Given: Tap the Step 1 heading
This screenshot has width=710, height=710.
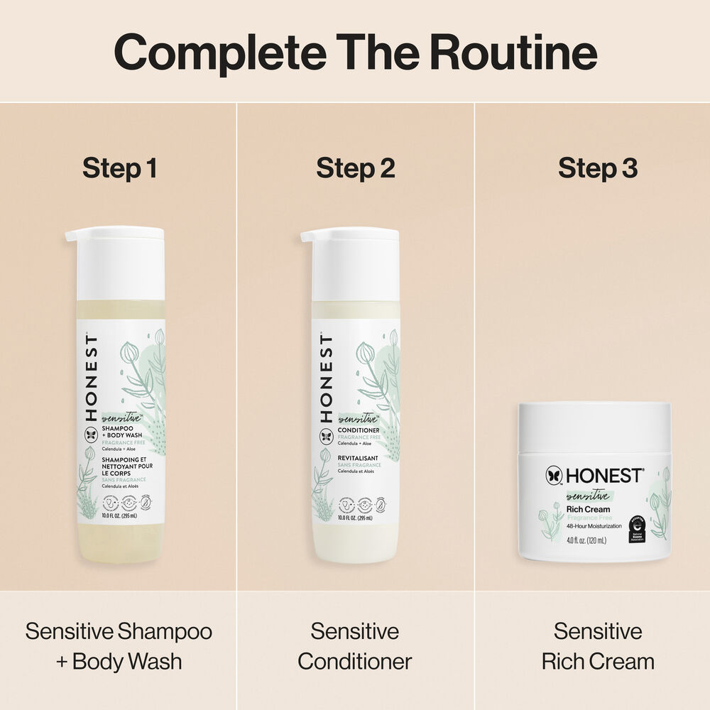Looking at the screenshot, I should [x=119, y=169].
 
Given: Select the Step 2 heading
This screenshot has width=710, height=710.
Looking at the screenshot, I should [x=356, y=169].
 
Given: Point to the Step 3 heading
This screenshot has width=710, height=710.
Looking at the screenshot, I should [x=598, y=169].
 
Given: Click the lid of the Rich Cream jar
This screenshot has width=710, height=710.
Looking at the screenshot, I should [x=594, y=427].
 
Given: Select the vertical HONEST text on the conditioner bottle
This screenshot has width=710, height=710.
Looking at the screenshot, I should [x=327, y=376].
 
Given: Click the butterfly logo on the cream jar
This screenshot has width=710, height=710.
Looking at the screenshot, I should [x=555, y=476].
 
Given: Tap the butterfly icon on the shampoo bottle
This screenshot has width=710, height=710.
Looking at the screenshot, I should [x=91, y=435].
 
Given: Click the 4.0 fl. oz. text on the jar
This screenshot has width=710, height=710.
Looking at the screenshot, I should [x=586, y=541].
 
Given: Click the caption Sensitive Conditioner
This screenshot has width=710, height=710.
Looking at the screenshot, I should [x=355, y=646].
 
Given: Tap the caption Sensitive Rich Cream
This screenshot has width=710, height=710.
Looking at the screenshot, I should [x=598, y=646].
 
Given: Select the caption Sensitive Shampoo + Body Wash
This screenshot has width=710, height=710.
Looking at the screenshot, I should [x=119, y=646].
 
